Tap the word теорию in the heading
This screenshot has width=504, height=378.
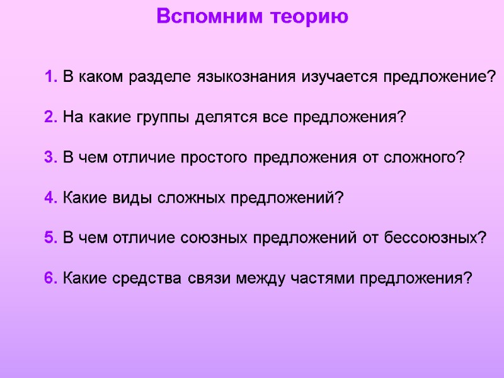310,16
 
